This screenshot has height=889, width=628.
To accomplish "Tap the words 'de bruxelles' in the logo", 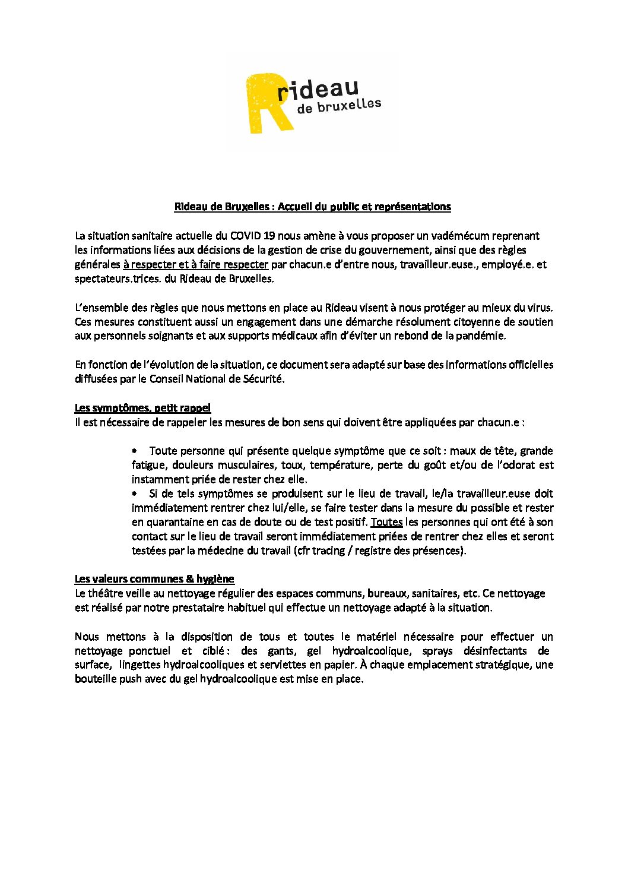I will coord(339,107).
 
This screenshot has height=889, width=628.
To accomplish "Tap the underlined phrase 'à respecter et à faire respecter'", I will coord(196,264).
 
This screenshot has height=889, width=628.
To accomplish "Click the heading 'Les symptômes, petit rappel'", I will coord(142,408).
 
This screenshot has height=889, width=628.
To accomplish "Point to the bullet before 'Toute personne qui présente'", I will coord(135,451).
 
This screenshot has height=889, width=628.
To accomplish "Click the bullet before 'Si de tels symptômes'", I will coord(135,493).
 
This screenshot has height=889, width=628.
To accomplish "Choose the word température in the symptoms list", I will coord(340,465).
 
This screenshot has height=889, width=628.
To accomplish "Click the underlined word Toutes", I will coord(386,522).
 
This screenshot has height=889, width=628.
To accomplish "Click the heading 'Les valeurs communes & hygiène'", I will coord(154,579).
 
